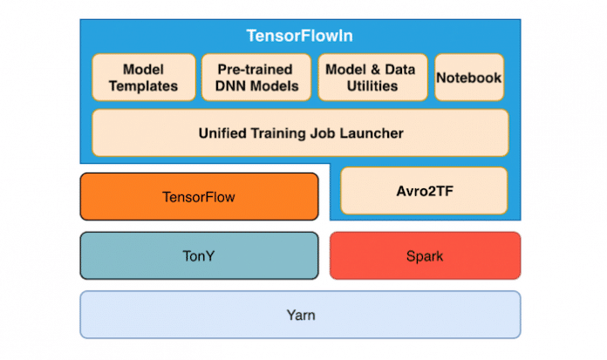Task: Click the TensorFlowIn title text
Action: point(299,37)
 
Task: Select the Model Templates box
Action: point(143,77)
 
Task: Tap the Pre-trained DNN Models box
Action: point(256,77)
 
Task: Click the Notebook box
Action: point(469,77)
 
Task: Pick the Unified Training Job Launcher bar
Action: point(299,133)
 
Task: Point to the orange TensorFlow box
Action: point(199,196)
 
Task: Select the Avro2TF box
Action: point(423,191)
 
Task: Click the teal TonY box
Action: point(199,256)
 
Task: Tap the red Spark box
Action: point(424,256)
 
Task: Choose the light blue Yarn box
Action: point(299,314)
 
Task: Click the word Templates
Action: point(143,85)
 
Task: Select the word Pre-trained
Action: point(256,68)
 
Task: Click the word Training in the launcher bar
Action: point(281,133)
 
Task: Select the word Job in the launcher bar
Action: point(326,133)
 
